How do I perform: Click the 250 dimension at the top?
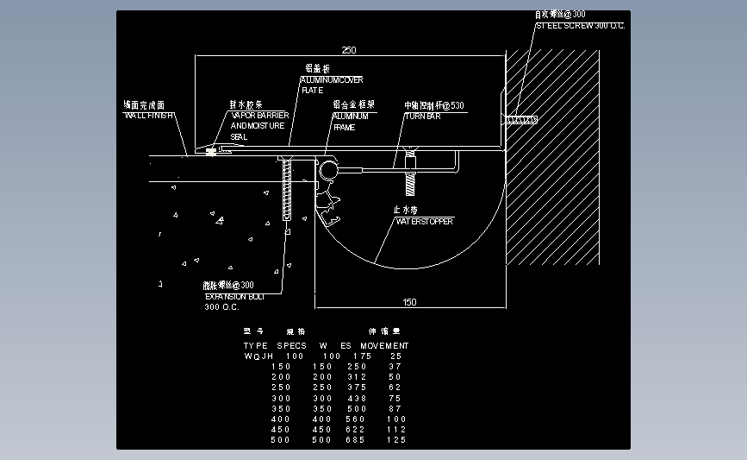pyautogui.click(x=348, y=50)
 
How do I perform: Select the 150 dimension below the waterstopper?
pyautogui.click(x=409, y=302)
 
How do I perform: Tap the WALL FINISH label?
pyautogui.click(x=150, y=115)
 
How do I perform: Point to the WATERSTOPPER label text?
pyautogui.click(x=424, y=221)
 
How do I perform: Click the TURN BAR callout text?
pyautogui.click(x=422, y=116)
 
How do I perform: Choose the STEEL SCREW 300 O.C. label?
pyautogui.click(x=580, y=26)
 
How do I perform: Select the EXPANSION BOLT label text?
pyautogui.click(x=229, y=296)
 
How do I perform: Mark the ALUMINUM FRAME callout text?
pyautogui.click(x=351, y=116)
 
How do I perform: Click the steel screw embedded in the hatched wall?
pyautogui.click(x=522, y=119)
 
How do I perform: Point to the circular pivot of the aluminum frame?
pyautogui.click(x=329, y=170)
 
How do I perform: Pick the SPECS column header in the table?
pyautogui.click(x=291, y=345)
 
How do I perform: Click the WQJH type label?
pyautogui.click(x=258, y=356)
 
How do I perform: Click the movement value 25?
pyautogui.click(x=395, y=356)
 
